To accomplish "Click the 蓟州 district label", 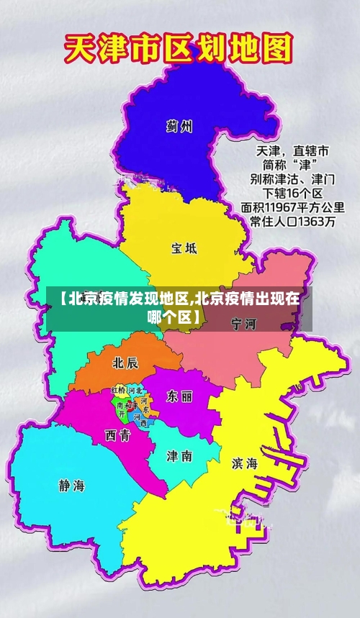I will (x=179, y=127).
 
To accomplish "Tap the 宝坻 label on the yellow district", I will (x=183, y=248).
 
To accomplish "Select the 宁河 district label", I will (x=243, y=324).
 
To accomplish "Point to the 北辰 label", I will (x=125, y=362).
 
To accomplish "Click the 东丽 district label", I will (x=179, y=396).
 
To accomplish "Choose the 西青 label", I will (x=117, y=435).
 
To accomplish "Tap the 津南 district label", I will (x=179, y=455).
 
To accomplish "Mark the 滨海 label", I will (x=245, y=464).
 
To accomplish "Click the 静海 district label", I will (x=71, y=485).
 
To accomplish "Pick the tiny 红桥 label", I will (x=118, y=390).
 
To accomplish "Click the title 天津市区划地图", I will (x=179, y=50).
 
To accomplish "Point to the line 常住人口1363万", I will (x=292, y=223).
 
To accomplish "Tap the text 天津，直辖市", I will (x=292, y=151).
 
